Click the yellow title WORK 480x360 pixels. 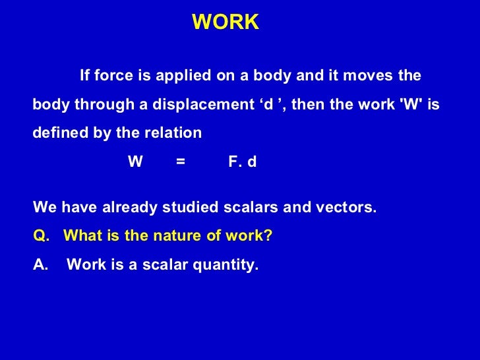225,22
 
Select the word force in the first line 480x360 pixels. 113,76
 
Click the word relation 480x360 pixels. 173,133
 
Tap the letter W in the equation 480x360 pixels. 135,162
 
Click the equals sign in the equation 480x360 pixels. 181,162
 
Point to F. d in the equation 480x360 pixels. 242,162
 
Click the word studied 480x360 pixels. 192,208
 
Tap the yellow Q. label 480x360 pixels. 40,236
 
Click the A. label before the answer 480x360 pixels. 40,265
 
